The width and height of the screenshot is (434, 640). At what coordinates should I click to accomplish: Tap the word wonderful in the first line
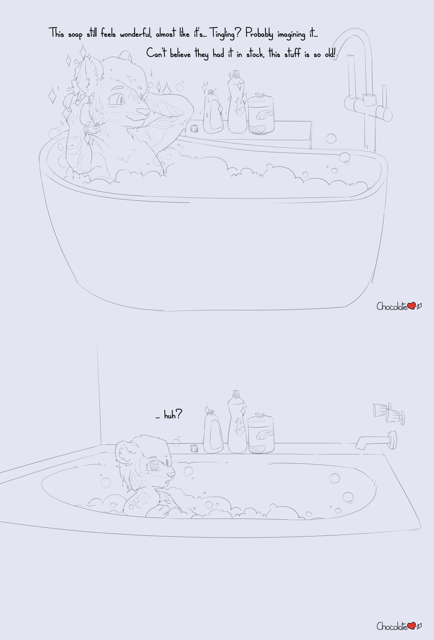136,34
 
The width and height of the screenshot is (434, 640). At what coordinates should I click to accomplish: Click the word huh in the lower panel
170,415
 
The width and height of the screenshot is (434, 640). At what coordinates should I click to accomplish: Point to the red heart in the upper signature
411,306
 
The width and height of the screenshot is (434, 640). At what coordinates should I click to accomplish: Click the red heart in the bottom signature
411,626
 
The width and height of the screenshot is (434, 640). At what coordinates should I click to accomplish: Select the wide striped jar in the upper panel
261,113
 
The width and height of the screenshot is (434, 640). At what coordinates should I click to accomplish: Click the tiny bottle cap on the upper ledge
194,129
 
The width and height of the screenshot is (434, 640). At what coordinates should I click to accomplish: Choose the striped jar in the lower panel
261,433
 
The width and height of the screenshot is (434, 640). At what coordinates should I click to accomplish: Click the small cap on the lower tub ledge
194,448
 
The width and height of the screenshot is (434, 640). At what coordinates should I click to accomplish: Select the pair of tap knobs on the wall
389,413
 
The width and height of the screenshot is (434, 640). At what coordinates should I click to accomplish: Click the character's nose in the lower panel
172,473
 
